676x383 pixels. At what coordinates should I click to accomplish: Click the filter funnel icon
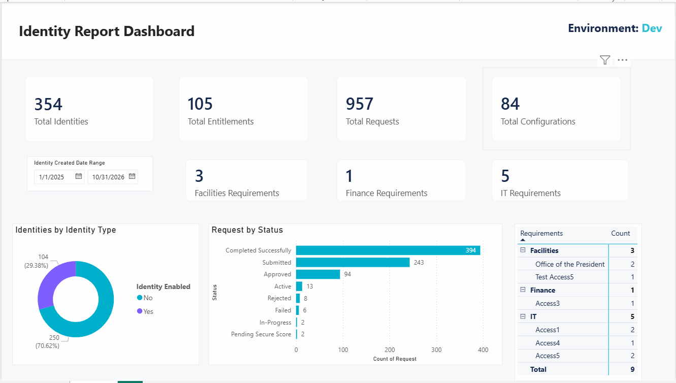pos(605,60)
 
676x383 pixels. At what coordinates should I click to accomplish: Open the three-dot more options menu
pos(622,60)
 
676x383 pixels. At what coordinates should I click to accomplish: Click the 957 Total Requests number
pos(360,104)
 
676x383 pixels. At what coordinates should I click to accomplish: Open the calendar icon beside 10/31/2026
pos(132,176)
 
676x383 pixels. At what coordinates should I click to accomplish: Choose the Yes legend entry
pos(145,311)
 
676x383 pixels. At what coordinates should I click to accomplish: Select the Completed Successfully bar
pos(388,250)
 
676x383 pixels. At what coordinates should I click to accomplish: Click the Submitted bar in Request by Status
pos(353,262)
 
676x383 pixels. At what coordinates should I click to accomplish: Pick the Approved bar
pos(318,274)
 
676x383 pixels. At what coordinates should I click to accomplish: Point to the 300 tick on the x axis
pos(436,350)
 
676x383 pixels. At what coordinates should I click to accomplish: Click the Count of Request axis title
pos(395,359)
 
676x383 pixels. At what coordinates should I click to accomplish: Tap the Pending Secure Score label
pos(261,334)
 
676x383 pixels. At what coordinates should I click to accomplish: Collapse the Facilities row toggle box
pos(523,250)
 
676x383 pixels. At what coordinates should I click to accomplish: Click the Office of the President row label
pos(570,264)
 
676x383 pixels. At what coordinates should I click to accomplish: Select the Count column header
pos(621,233)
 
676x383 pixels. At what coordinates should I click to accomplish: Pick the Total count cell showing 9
pos(632,369)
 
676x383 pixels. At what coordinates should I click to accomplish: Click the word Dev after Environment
pos(652,28)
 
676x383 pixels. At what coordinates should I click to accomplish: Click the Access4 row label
pos(548,343)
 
